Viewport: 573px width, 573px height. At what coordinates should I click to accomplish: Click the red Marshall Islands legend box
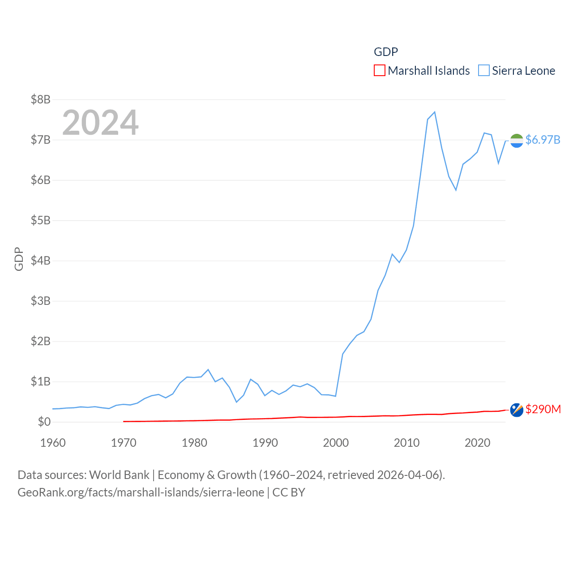point(379,71)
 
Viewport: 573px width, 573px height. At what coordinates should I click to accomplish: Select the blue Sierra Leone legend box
point(483,71)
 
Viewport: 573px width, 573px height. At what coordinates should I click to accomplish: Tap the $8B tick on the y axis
point(40,99)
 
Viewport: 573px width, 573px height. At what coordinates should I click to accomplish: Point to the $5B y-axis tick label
point(40,220)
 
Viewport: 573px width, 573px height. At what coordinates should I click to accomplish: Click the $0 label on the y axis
point(44,422)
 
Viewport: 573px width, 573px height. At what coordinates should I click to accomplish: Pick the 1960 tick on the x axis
point(53,443)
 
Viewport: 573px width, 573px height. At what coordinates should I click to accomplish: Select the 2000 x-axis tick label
point(336,443)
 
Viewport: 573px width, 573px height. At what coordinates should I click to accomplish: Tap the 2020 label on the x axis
point(477,443)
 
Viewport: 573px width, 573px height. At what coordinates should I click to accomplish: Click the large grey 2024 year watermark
point(100,122)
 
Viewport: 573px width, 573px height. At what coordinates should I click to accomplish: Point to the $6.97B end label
point(543,140)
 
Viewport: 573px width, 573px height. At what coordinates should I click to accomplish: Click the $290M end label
point(543,409)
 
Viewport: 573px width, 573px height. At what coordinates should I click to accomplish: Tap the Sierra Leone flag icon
point(517,141)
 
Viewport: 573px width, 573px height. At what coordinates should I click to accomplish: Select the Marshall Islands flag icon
point(517,410)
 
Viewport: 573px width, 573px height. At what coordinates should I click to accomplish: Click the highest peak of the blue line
point(435,112)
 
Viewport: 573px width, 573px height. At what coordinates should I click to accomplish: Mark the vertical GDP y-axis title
point(19,259)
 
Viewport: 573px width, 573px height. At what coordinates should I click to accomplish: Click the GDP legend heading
point(386,52)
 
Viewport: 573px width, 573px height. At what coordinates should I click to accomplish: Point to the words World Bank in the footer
point(119,475)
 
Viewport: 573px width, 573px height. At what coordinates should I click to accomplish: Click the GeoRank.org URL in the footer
point(141,492)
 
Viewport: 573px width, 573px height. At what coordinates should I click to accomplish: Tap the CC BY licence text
point(289,492)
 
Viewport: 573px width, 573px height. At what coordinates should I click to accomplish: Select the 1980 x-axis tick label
point(194,443)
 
